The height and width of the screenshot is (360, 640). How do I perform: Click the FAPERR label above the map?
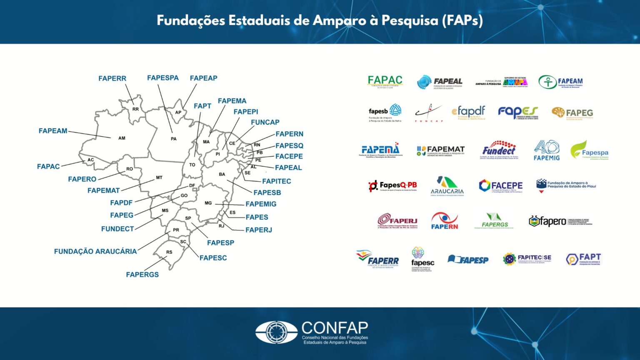(112, 78)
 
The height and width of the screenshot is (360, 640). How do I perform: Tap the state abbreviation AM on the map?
(122, 138)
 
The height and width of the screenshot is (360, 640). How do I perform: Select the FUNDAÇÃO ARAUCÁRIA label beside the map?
(95, 251)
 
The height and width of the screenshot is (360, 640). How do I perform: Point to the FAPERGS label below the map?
(142, 275)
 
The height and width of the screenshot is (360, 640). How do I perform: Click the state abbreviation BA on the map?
(222, 174)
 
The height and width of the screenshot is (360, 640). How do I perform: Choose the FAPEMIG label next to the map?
(261, 204)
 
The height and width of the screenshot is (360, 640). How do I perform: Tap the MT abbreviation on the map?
(159, 177)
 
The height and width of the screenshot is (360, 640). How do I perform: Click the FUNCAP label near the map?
(265, 122)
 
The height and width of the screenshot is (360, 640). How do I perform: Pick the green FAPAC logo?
(385, 81)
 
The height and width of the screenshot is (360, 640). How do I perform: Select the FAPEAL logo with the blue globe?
(440, 82)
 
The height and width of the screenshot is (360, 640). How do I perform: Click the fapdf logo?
(469, 112)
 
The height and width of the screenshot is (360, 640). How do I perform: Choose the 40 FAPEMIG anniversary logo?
(547, 150)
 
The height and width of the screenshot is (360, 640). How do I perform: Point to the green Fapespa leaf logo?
(589, 150)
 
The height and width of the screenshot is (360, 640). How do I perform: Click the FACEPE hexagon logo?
(500, 186)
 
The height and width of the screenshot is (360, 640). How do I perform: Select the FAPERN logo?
(444, 221)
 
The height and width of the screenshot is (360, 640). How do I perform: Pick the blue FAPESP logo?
(468, 260)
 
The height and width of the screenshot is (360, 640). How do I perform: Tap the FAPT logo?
(584, 259)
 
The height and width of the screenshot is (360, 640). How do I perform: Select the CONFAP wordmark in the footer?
(335, 328)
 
